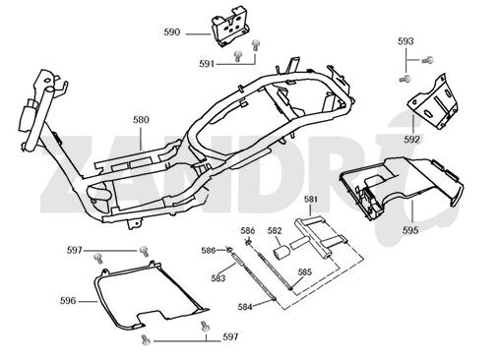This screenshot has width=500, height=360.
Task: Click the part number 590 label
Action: pyautogui.click(x=172, y=32)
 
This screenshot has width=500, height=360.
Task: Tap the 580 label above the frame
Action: pyautogui.click(x=141, y=120)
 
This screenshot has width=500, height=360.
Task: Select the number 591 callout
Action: pyautogui.click(x=207, y=64)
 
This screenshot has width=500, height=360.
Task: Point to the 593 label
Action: pyautogui.click(x=406, y=41)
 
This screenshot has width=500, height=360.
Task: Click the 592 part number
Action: pyautogui.click(x=411, y=140)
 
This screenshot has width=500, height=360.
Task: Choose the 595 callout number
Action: pyautogui.click(x=410, y=230)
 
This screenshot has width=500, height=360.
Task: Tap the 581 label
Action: pyautogui.click(x=311, y=199)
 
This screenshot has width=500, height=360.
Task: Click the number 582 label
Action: pyautogui.click(x=275, y=230)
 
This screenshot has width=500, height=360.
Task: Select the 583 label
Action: pyautogui.click(x=219, y=278)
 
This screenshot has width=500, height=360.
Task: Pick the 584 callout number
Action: pyautogui.click(x=245, y=307)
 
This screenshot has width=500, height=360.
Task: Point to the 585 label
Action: pyautogui.click(x=305, y=272)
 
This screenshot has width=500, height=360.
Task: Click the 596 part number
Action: pyautogui.click(x=68, y=301)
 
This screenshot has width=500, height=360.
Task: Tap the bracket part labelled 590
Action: pyautogui.click(x=230, y=27)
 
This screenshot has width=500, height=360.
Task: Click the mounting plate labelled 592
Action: pyautogui.click(x=433, y=102)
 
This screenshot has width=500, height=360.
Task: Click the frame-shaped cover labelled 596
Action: pyautogui.click(x=98, y=295)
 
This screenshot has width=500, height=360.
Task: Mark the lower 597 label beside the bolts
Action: pyautogui.click(x=230, y=336)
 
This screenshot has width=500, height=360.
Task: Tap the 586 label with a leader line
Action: pyautogui.click(x=209, y=251)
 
